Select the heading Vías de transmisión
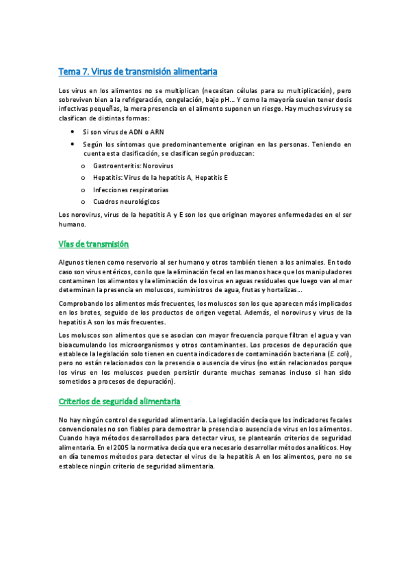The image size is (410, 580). [94, 243]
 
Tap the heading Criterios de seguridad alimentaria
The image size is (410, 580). [120, 401]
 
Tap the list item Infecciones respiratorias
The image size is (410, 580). [130, 189]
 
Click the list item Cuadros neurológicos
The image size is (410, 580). [126, 201]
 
